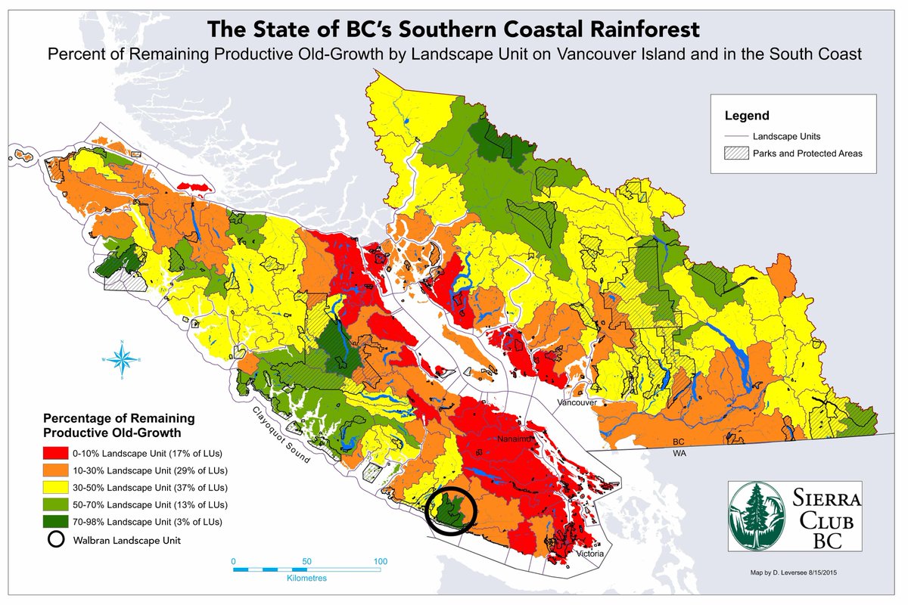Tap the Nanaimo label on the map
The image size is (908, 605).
click(x=515, y=439)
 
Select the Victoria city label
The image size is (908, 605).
click(x=588, y=554)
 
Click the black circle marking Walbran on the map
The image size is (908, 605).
click(x=452, y=511)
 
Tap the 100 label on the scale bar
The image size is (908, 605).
click(x=381, y=561)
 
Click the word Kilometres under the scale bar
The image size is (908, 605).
click(x=307, y=578)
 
